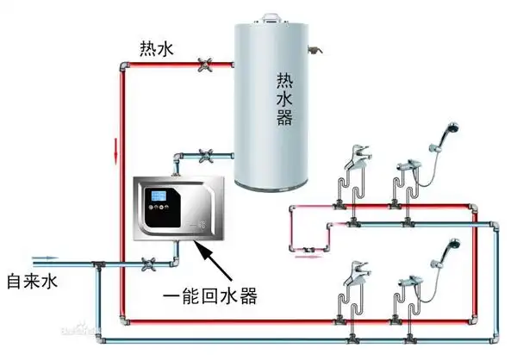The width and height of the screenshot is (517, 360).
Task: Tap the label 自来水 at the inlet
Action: tap(31, 282)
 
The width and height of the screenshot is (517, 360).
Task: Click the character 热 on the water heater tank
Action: tap(284, 81)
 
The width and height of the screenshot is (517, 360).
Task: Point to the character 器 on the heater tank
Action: tap(284, 119)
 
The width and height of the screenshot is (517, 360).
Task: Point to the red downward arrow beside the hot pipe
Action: tap(114, 156)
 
